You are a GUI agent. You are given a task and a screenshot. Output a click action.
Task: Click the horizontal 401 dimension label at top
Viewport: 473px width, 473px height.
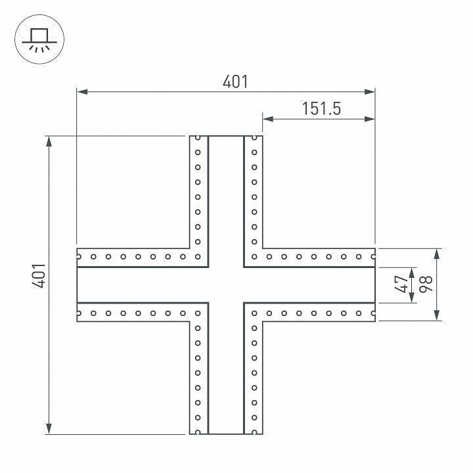pyautogui.click(x=235, y=81)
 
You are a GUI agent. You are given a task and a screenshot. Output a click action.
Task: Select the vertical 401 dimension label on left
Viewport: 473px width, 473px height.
pyautogui.click(x=39, y=276)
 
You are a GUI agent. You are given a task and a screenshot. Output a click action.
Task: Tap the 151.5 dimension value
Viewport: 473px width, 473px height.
pyautogui.click(x=321, y=108)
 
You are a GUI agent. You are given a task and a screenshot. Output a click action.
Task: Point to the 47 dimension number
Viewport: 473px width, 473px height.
pyautogui.click(x=401, y=284)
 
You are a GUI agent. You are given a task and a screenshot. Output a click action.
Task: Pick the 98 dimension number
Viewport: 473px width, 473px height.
pyautogui.click(x=426, y=284)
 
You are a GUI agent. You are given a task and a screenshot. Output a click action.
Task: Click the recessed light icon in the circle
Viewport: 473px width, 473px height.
pyautogui.click(x=39, y=40)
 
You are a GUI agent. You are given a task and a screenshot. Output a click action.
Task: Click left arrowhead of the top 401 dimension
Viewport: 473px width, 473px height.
pyautogui.click(x=82, y=92)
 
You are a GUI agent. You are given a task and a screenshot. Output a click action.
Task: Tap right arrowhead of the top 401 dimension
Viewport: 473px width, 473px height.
pyautogui.click(x=369, y=92)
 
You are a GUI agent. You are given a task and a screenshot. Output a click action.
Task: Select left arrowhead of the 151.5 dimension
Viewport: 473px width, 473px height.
pyautogui.click(x=268, y=119)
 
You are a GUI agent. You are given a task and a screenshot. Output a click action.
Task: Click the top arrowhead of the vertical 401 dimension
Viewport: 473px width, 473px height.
pyautogui.click(x=49, y=141)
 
